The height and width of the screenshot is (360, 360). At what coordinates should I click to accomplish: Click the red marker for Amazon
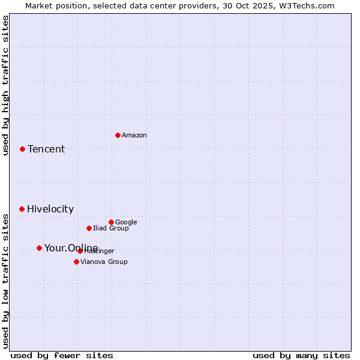click(118, 135)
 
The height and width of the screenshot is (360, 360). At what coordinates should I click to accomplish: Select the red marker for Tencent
click(22, 149)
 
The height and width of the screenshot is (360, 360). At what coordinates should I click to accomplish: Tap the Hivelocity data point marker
click(22, 209)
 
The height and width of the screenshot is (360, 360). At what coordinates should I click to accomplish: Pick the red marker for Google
click(111, 222)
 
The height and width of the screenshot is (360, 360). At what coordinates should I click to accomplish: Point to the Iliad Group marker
click(89, 228)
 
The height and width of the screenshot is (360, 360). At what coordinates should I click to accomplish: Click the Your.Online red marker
click(39, 248)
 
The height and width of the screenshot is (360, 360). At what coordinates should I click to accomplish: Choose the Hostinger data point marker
click(80, 251)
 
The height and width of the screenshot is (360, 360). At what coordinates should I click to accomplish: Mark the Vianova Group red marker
click(76, 262)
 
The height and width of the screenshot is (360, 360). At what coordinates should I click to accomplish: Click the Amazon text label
click(134, 136)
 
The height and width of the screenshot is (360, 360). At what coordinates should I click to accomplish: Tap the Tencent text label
click(46, 149)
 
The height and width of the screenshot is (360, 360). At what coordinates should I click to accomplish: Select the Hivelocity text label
click(50, 209)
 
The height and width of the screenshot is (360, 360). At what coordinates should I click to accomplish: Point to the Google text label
click(126, 223)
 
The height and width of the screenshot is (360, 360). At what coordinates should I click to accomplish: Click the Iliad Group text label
click(111, 229)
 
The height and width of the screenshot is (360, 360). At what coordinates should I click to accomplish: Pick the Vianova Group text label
click(104, 262)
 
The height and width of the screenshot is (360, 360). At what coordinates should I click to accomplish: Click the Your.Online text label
click(71, 248)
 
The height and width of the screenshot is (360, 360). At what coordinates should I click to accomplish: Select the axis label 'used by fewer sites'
click(62, 355)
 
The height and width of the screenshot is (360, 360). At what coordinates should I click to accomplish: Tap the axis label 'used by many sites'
click(301, 355)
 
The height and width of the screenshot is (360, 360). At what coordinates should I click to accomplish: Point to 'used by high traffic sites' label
click(5, 85)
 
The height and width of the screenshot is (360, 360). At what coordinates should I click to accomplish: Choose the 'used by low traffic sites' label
click(5, 281)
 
